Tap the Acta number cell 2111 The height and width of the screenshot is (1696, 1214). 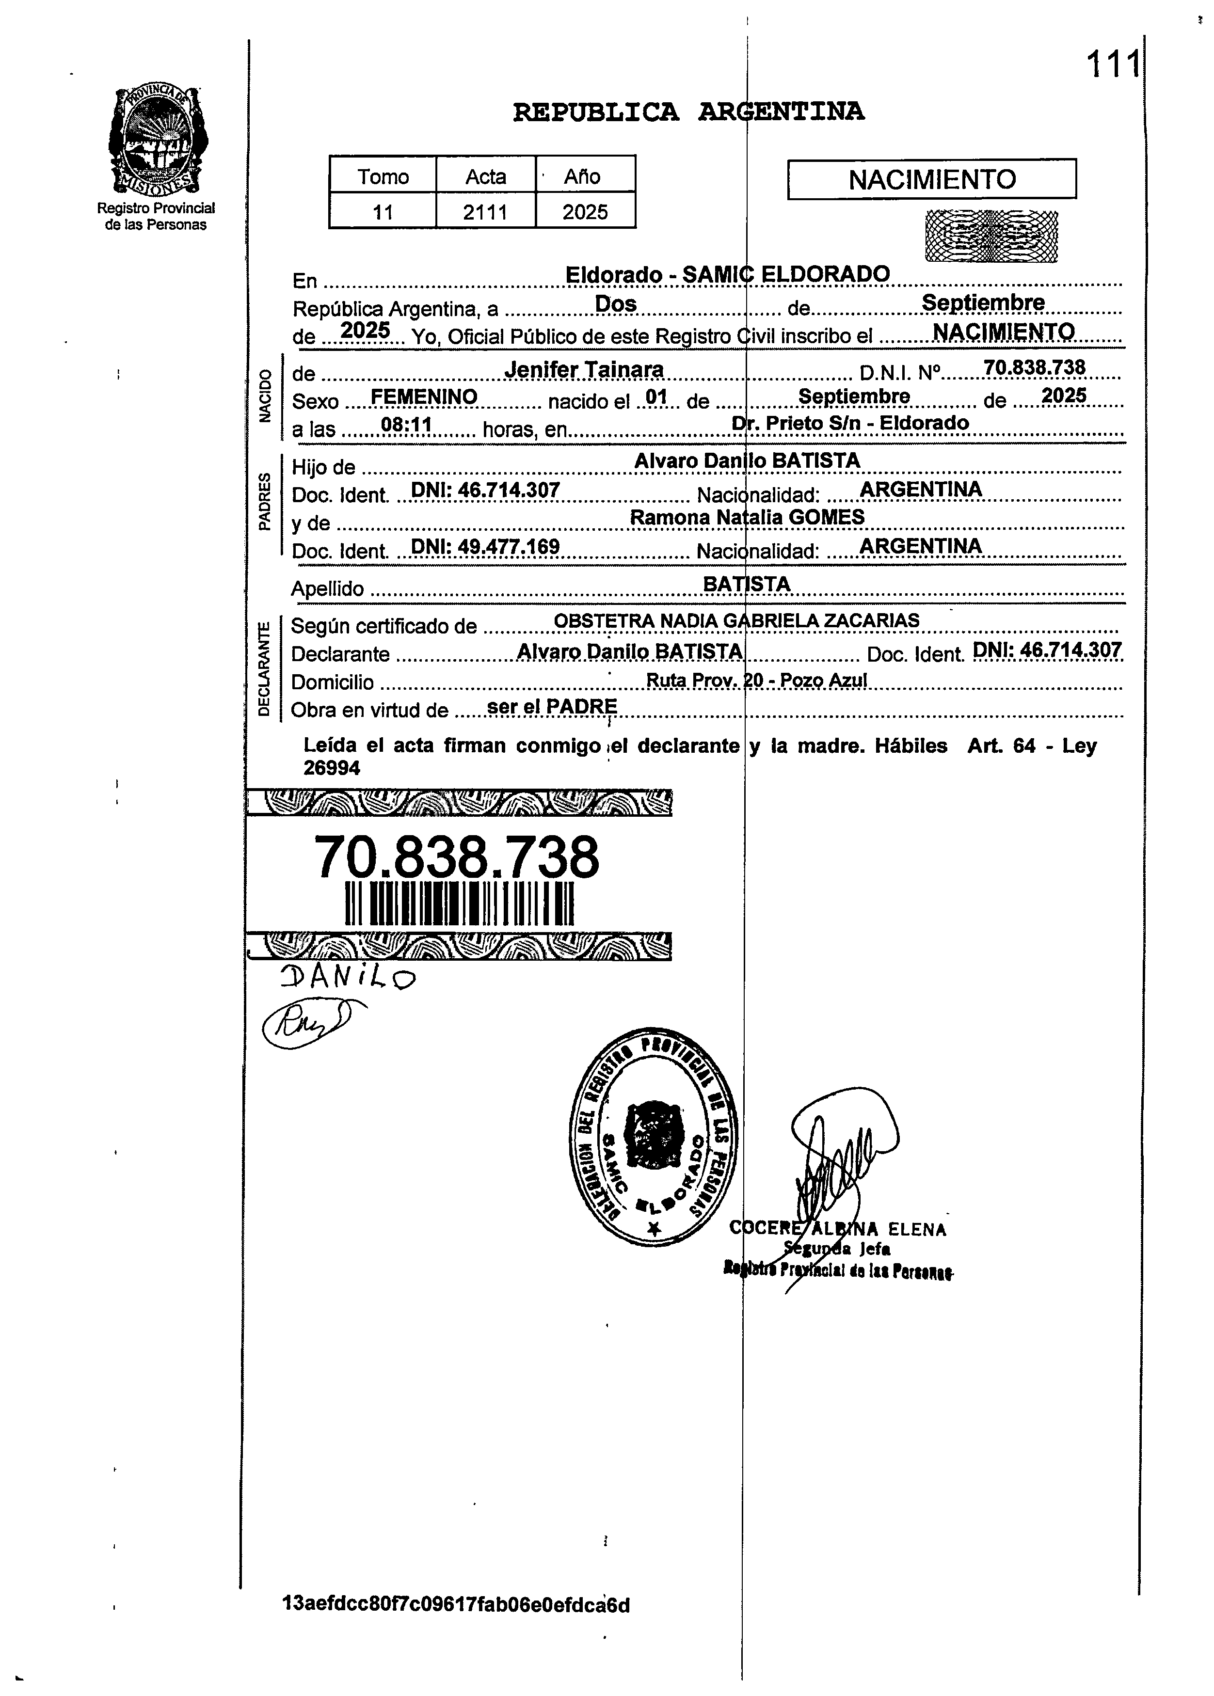point(485,212)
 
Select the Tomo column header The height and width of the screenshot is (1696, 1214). point(383,176)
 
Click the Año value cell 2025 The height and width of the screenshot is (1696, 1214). point(585,212)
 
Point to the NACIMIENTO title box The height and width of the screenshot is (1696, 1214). point(931,179)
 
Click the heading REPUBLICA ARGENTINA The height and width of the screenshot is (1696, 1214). point(688,112)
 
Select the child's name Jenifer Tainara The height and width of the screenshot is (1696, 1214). point(584,370)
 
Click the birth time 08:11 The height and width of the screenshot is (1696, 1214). point(407,426)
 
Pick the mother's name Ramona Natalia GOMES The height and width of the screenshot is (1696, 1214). point(747,517)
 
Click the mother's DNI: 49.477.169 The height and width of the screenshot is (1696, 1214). point(485,547)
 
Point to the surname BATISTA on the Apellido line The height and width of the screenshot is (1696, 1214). point(746,584)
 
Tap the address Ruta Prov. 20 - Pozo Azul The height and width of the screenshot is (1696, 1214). point(756,681)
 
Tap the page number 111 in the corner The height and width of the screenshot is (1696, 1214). point(1112,64)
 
